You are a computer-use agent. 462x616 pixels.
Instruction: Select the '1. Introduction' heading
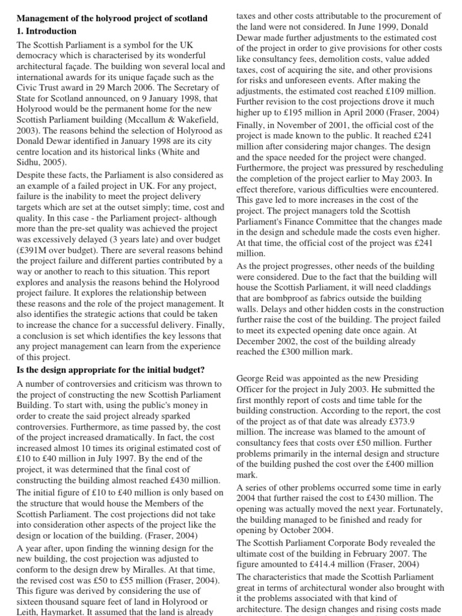(x=47, y=31)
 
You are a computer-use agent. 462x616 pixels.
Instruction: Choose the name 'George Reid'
(x=262, y=379)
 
